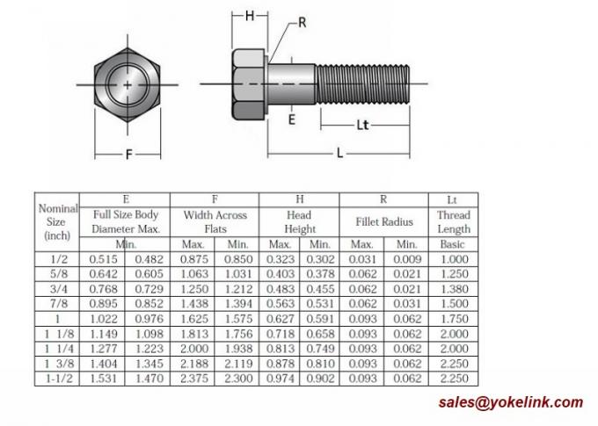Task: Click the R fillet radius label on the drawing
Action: point(302,24)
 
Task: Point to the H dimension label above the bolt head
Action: point(250,16)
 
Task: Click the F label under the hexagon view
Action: point(128,155)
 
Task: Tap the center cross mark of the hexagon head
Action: point(128,85)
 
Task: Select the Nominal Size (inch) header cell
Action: point(57,222)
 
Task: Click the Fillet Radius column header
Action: point(383,222)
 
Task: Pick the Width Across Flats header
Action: point(215,221)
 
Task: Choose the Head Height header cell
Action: point(300,221)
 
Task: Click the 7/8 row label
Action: point(57,304)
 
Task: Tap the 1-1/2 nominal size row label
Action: point(57,378)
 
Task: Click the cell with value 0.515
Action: point(104,259)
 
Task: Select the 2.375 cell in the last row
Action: point(193,378)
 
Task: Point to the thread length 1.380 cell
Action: point(453,289)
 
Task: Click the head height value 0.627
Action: point(280,319)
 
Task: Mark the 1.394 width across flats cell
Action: point(237,304)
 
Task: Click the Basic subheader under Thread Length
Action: point(453,244)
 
